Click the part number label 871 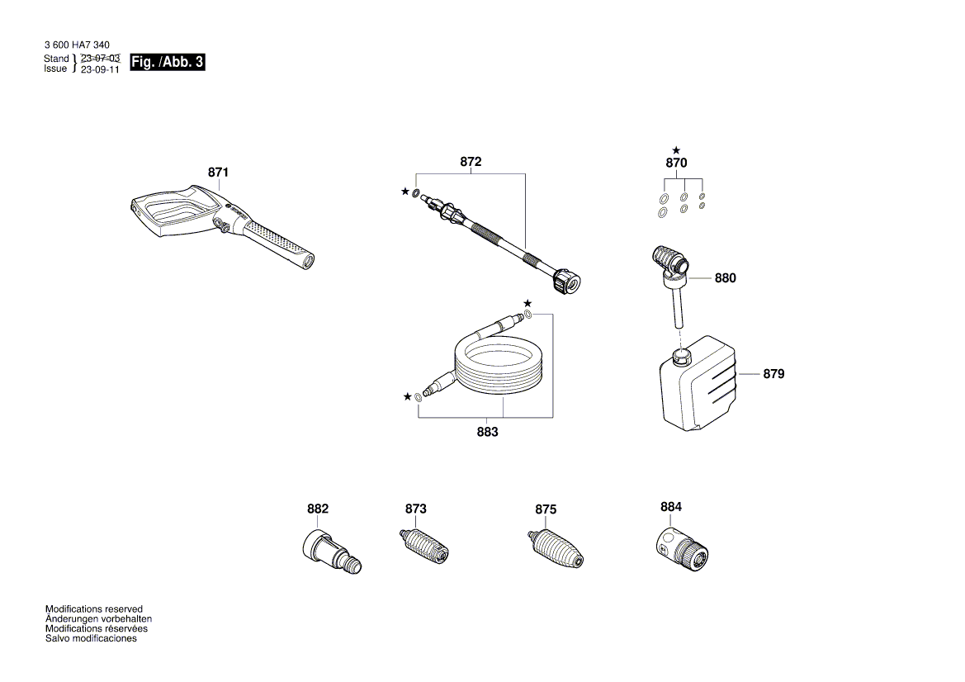218,173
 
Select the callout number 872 471,163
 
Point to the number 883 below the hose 487,433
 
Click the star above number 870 676,149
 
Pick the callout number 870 676,163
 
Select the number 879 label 773,374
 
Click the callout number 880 725,278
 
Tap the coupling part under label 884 682,547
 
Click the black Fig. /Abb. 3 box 168,63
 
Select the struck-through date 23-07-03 100,59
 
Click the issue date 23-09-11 100,69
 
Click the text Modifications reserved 93,609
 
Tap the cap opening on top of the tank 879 682,356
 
